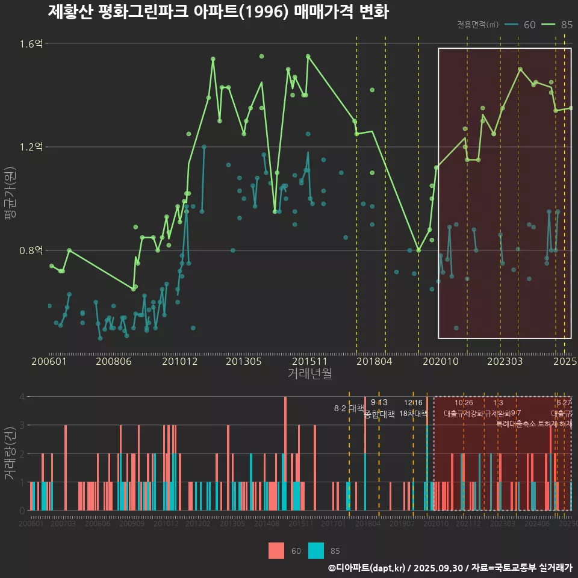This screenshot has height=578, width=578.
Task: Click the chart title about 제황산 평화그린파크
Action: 218,11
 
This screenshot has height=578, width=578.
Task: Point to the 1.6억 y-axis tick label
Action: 31,44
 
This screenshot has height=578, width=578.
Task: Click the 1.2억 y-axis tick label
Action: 31,147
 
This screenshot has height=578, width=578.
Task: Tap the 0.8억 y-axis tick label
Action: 31,250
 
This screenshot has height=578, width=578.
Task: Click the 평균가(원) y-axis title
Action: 10,196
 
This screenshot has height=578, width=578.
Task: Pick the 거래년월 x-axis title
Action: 309,374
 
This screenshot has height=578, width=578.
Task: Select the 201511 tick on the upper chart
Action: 309,361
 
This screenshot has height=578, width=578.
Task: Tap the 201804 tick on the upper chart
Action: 374,361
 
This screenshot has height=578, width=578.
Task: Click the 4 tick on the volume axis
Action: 22,397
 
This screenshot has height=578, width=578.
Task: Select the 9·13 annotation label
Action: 379,402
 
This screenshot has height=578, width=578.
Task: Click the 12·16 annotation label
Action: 413,402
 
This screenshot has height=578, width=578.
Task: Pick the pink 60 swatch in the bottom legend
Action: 276,550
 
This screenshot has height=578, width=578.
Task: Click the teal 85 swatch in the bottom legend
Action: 315,550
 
